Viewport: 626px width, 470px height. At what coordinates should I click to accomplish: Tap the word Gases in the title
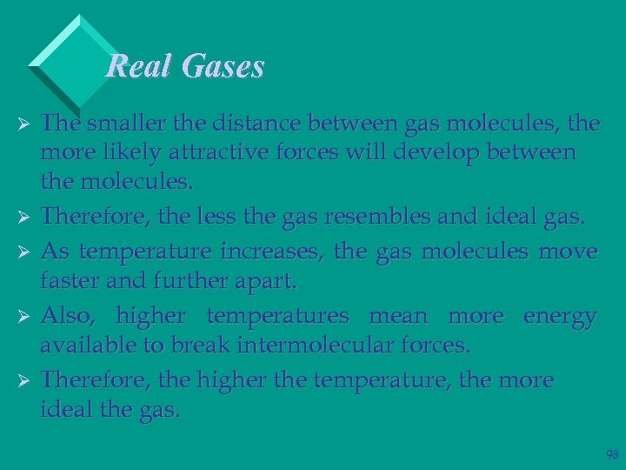click(223, 67)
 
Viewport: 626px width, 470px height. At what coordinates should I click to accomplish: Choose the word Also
click(70, 316)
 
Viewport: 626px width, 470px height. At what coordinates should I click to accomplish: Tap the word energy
click(559, 316)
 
